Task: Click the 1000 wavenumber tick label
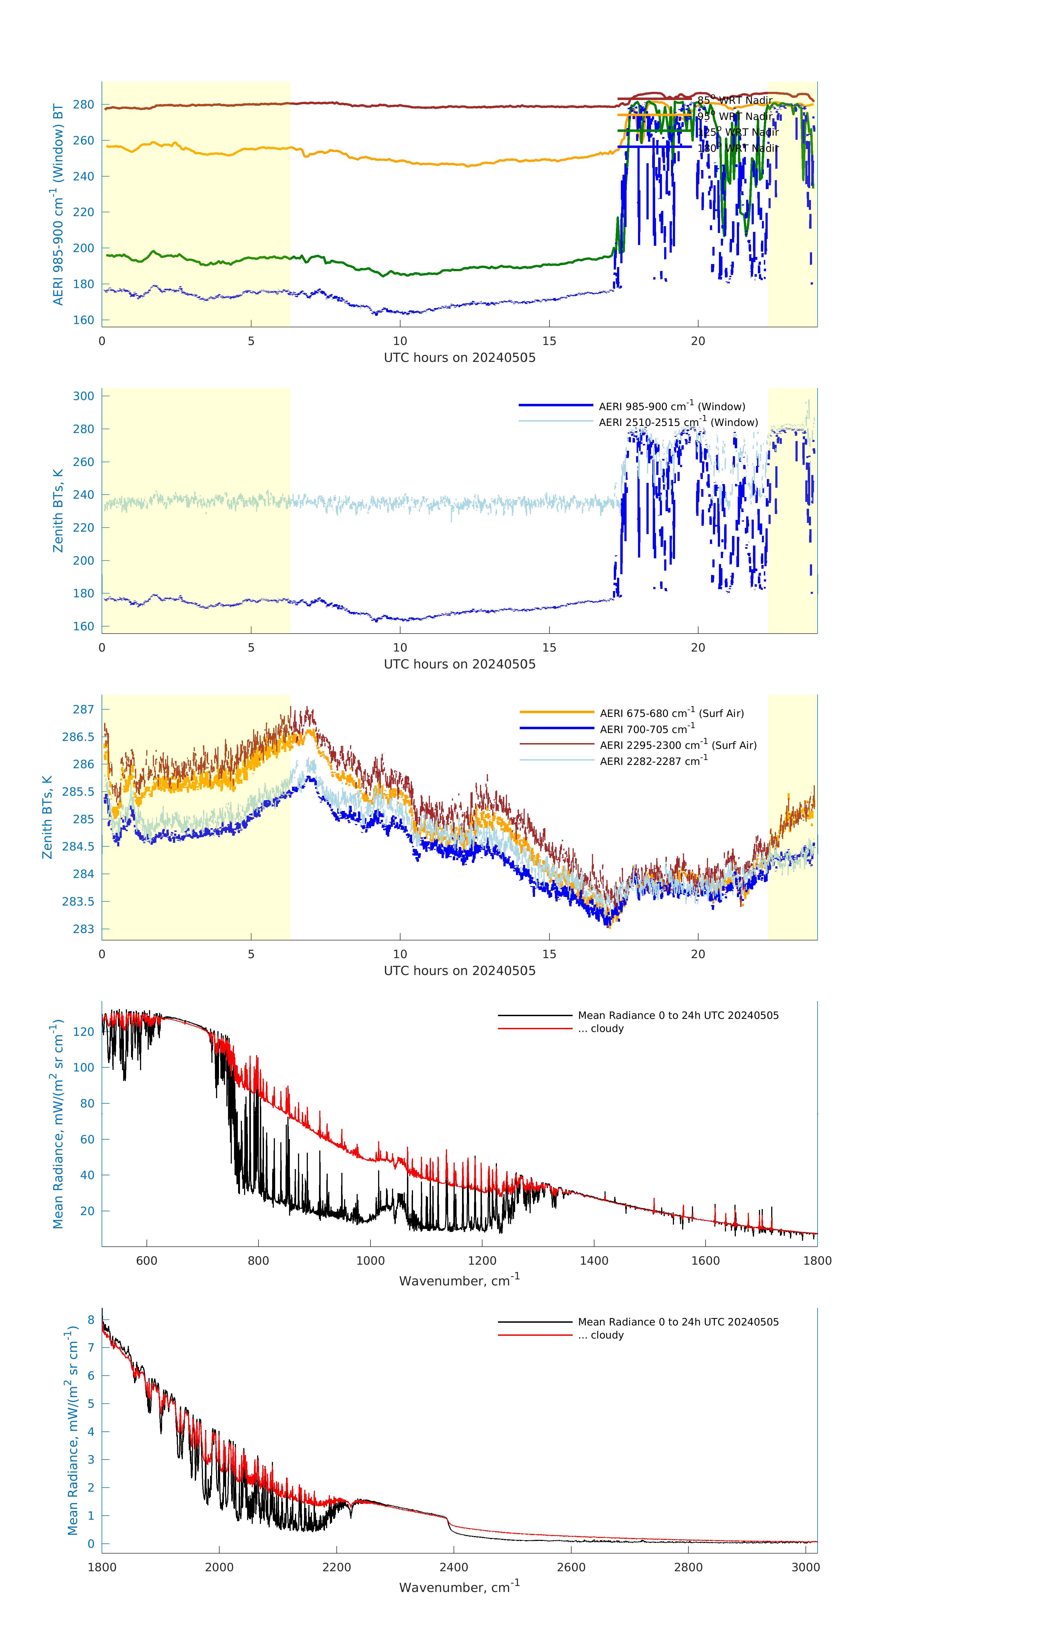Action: tap(370, 1261)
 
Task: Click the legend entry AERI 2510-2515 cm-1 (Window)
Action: tap(678, 422)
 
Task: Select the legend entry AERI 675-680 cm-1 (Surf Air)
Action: tap(671, 713)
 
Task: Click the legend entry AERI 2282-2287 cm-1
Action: tap(653, 761)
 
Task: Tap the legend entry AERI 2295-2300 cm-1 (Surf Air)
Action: tap(678, 745)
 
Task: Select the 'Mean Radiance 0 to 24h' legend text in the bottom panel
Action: tap(678, 1322)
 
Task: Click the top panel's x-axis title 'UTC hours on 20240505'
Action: tap(460, 358)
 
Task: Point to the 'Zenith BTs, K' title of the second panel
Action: tap(58, 511)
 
